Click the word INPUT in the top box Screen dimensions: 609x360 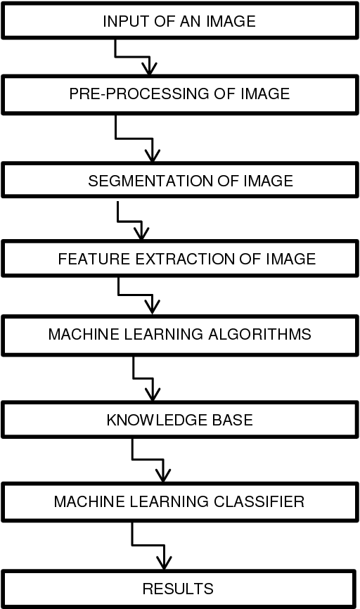pos(121,21)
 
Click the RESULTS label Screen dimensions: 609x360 pos(178,588)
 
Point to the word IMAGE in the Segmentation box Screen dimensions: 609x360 pos(268,181)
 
